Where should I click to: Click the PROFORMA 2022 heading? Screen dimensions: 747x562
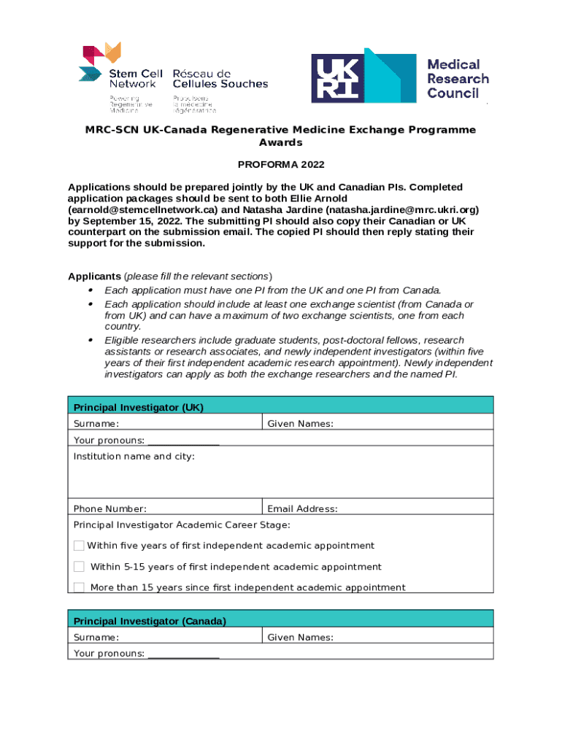pyautogui.click(x=281, y=165)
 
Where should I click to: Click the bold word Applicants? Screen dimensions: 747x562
pyautogui.click(x=94, y=276)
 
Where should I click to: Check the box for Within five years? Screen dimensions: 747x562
pyautogui.click(x=79, y=546)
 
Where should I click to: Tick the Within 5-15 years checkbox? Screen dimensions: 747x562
pyautogui.click(x=79, y=567)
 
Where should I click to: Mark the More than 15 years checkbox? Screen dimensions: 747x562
pyautogui.click(x=79, y=587)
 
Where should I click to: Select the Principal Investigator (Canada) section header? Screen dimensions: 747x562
pyautogui.click(x=150, y=621)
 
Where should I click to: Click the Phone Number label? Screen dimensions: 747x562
pyautogui.click(x=109, y=509)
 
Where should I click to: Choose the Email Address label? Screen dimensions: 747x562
pyautogui.click(x=302, y=509)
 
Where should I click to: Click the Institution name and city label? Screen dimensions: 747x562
pyautogui.click(x=134, y=457)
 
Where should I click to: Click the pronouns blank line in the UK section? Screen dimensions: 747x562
pyautogui.click(x=183, y=441)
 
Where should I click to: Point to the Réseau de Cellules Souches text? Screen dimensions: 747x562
pyautogui.click(x=220, y=79)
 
